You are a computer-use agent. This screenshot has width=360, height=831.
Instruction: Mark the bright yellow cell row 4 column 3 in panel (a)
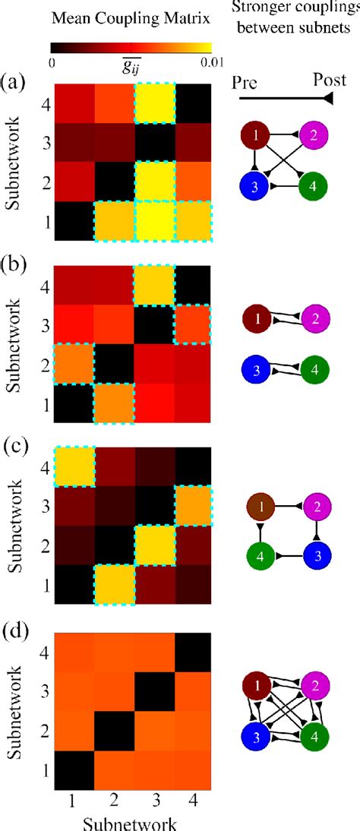[x=156, y=103]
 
